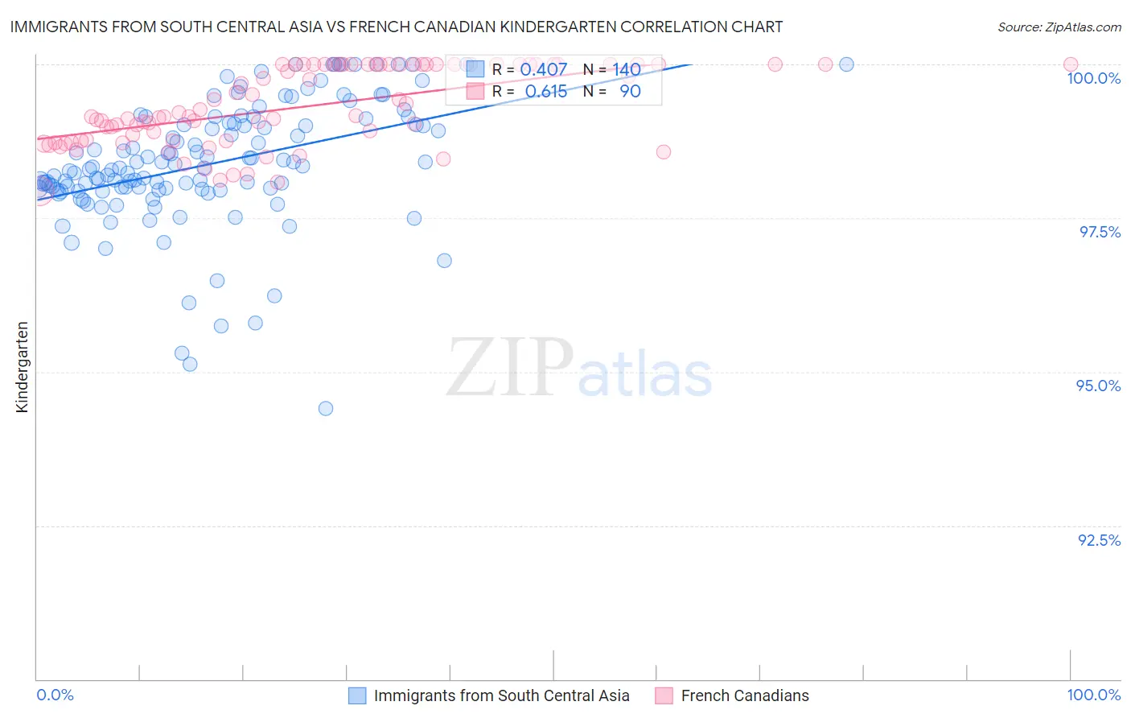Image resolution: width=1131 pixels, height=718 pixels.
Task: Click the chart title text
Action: point(396,27)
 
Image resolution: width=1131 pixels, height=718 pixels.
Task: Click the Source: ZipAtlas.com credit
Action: point(1059,27)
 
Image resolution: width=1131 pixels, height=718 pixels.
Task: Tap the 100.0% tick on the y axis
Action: point(1093,78)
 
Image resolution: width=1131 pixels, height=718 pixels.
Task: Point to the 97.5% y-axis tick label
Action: point(1100,232)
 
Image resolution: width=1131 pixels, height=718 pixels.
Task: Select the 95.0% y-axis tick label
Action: point(1098,386)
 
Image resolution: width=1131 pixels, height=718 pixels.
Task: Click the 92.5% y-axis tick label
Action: point(1099,540)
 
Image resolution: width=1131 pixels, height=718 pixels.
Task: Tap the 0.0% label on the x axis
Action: point(55,695)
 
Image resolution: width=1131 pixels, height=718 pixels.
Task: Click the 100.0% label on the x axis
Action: point(1093,695)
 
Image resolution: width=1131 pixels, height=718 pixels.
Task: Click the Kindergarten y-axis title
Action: point(22,367)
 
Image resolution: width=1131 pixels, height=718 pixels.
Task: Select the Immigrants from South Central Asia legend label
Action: point(501,695)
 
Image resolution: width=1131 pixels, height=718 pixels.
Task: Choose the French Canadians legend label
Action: point(744,695)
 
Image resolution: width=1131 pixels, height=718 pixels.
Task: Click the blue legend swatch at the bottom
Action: point(357,695)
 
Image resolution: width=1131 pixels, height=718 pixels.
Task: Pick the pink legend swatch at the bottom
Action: point(664,695)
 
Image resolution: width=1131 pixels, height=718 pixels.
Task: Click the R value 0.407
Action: point(544,70)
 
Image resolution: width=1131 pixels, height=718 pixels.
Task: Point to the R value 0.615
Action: point(546,92)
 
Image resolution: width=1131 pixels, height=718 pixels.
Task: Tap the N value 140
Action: point(627,70)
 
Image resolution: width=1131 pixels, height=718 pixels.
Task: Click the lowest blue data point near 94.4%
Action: point(326,408)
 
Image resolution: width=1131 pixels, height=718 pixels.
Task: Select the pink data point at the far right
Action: point(1071,64)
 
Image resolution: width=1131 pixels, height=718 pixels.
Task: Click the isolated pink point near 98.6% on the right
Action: point(664,151)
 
